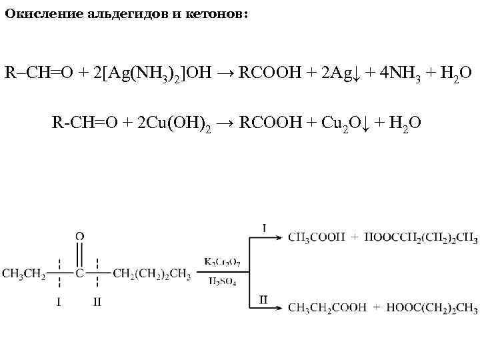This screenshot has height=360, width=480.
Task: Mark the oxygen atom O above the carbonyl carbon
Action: pos(79,236)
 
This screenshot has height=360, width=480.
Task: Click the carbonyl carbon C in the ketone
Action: pos(79,273)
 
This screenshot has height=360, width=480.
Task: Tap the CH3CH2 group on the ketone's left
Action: pos(24,273)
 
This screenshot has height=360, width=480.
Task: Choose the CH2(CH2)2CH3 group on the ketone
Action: pos(152,273)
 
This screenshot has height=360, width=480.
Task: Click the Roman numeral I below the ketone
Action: pos(59,301)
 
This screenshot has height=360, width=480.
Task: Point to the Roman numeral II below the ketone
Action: pos(97,301)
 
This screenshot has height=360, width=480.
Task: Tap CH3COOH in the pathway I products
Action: pos(317,236)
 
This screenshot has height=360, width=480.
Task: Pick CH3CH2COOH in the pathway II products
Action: pos(328,307)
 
